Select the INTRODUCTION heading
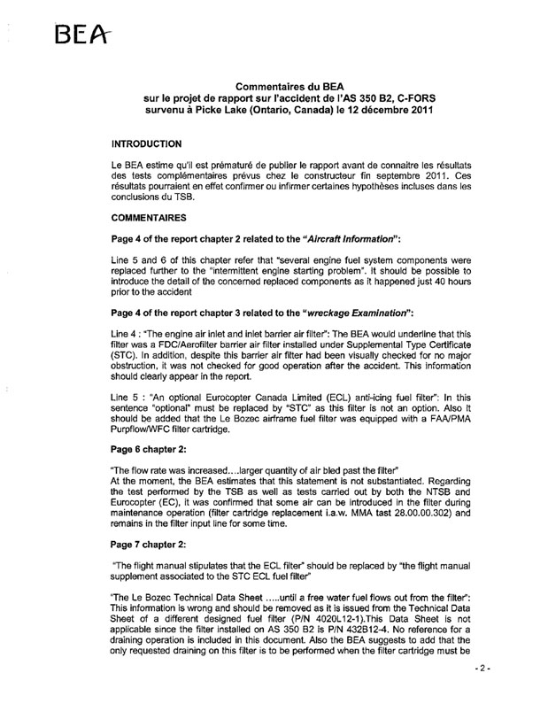146,143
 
